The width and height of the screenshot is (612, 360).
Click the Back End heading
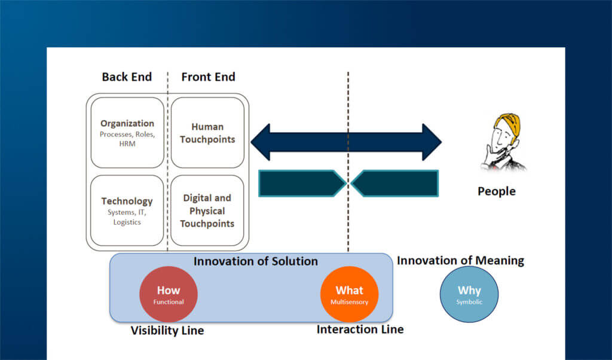127,77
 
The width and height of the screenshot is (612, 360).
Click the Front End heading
208,77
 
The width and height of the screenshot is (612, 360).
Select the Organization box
127,133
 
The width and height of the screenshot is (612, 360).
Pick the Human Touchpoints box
208,133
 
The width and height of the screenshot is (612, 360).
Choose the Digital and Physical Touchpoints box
208,210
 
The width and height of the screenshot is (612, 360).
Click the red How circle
169,294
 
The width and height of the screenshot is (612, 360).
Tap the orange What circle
349,294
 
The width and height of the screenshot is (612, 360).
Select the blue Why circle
469,294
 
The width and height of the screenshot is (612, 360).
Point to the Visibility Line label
167,330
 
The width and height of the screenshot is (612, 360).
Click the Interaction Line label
360,330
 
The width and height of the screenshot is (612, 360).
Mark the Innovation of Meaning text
460,261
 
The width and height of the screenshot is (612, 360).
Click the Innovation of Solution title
256,261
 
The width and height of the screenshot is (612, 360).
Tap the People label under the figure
496,191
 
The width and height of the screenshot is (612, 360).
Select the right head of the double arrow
432,142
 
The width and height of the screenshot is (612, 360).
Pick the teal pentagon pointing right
302,184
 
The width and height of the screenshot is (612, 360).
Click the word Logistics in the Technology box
127,222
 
